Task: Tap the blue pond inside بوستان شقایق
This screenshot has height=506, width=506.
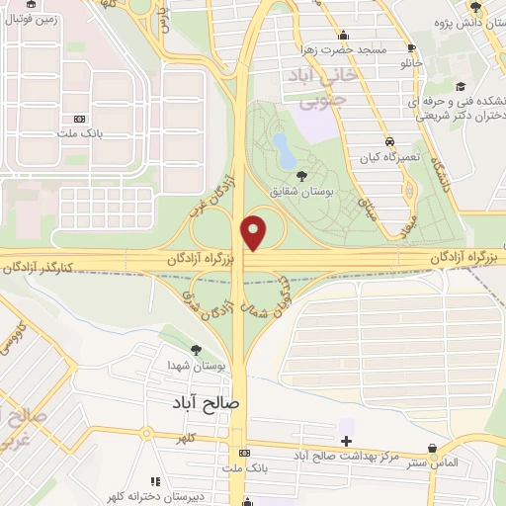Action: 283,151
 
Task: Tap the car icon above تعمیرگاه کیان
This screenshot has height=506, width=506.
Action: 389,140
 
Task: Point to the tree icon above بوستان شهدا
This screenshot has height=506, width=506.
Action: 196,350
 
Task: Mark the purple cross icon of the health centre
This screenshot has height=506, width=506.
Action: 345,441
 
